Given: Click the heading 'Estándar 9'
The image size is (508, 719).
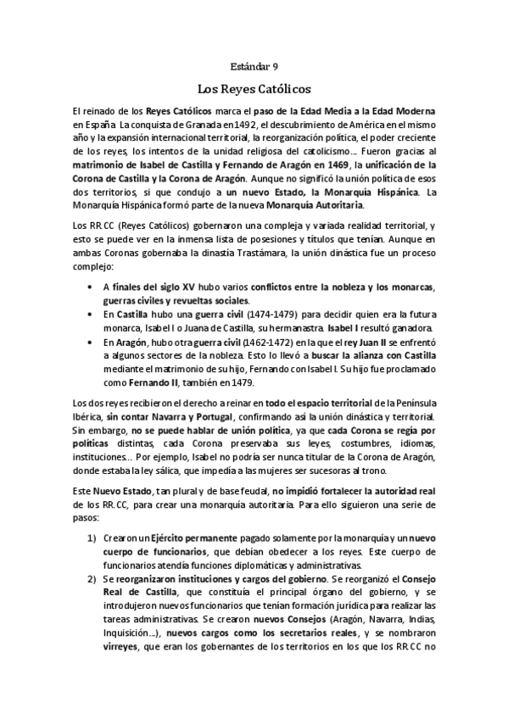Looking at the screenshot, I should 254,65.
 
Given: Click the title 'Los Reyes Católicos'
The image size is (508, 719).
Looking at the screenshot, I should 254,87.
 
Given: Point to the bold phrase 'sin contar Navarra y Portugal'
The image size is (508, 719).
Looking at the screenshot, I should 170,418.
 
